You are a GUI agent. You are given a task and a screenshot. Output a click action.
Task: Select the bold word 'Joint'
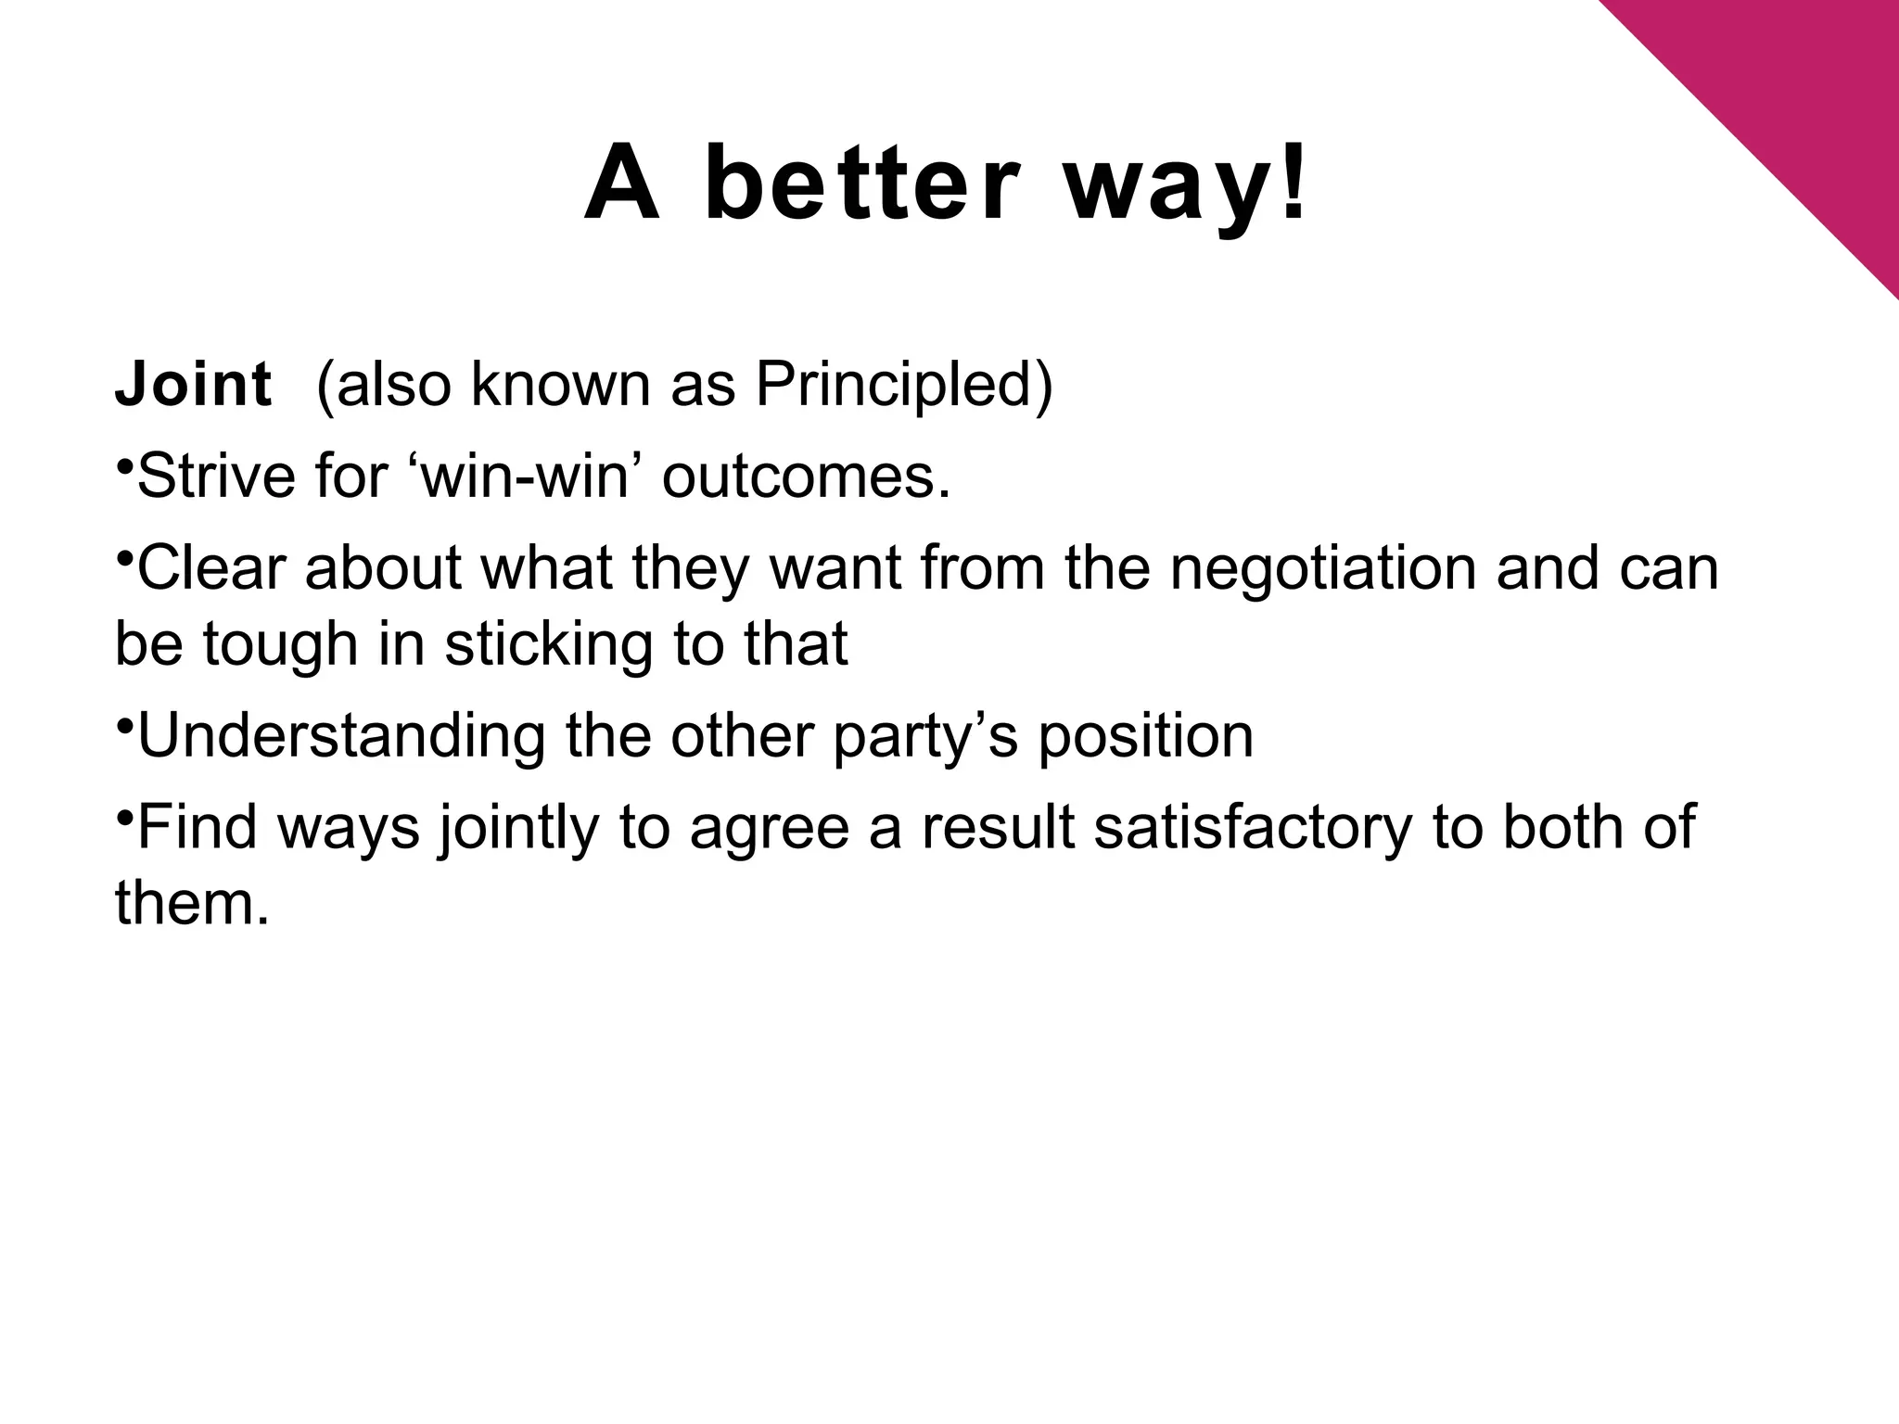(x=193, y=384)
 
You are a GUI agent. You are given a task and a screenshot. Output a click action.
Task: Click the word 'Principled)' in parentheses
(x=904, y=384)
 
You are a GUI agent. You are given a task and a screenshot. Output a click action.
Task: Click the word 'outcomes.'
(x=807, y=477)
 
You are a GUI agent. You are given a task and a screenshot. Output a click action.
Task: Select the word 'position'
(x=1145, y=736)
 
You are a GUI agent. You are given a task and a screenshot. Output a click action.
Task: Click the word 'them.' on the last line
(x=192, y=903)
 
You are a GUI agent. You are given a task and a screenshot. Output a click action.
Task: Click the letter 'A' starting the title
(x=622, y=185)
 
